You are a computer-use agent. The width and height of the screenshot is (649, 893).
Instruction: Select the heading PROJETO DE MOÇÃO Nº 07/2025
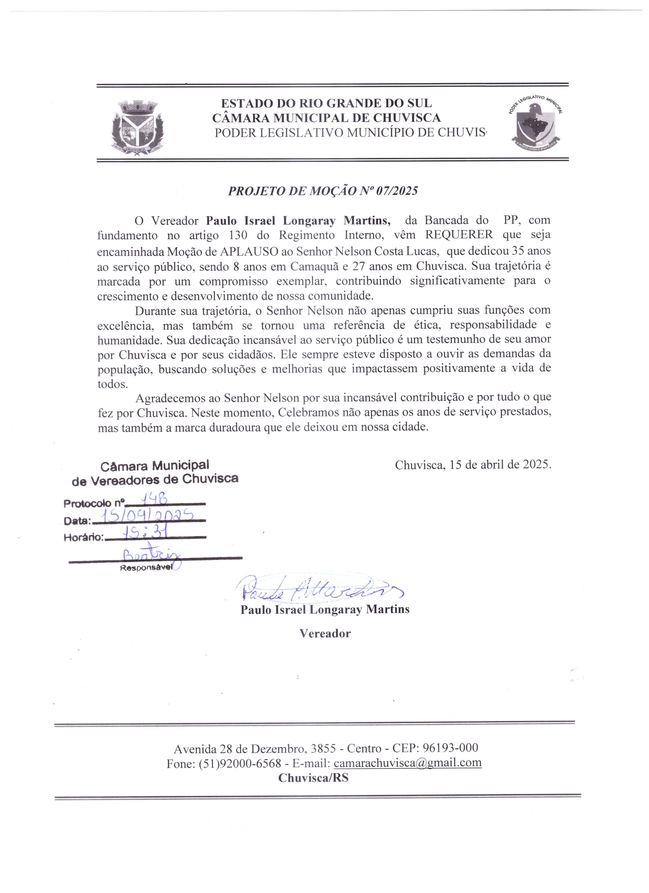(323, 191)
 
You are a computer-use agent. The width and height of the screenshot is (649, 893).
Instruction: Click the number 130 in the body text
(238, 235)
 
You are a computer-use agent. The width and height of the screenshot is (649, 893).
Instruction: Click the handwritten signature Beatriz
(152, 556)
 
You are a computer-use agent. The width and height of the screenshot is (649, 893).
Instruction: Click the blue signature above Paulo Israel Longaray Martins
(319, 589)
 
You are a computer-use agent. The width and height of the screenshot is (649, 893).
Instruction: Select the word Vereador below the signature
(325, 633)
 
